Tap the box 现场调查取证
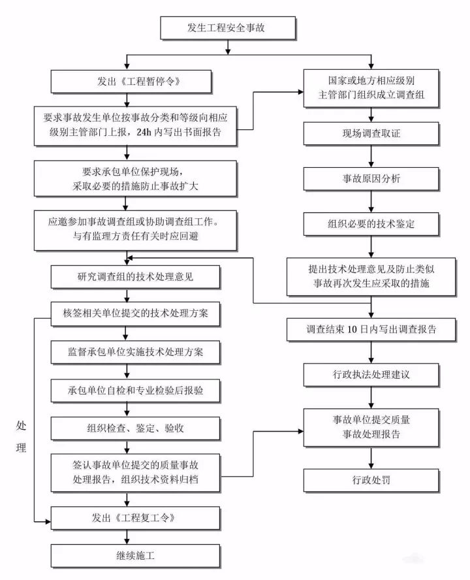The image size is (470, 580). tap(371, 134)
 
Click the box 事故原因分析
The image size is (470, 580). tap(371, 178)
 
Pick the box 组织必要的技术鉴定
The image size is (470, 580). tap(371, 223)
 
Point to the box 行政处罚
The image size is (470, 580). tap(371, 481)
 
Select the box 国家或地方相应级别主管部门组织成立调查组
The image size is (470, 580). tap(371, 88)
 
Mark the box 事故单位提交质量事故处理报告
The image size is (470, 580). tap(371, 427)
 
